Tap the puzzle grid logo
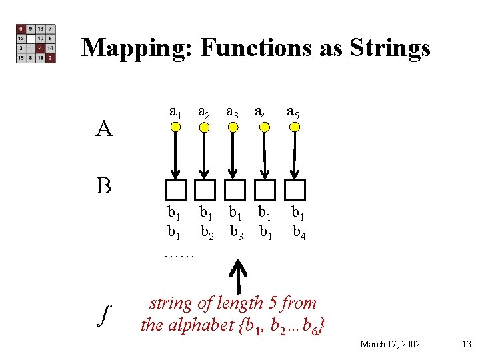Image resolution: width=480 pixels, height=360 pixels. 35,44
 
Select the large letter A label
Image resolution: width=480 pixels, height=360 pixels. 103,128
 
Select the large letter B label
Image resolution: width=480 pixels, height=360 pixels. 103,185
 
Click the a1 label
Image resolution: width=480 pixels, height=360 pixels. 176,111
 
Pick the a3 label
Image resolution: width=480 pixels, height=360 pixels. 233,111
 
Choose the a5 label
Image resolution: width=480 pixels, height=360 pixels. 293,111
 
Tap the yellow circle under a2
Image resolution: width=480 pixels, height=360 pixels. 205,128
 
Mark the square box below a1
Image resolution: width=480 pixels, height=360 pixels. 176,190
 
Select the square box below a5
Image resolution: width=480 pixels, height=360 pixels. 294,190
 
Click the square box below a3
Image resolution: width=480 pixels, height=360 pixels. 235,190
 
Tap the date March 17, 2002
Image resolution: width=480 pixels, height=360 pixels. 390,344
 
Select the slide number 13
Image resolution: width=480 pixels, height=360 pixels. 466,344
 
